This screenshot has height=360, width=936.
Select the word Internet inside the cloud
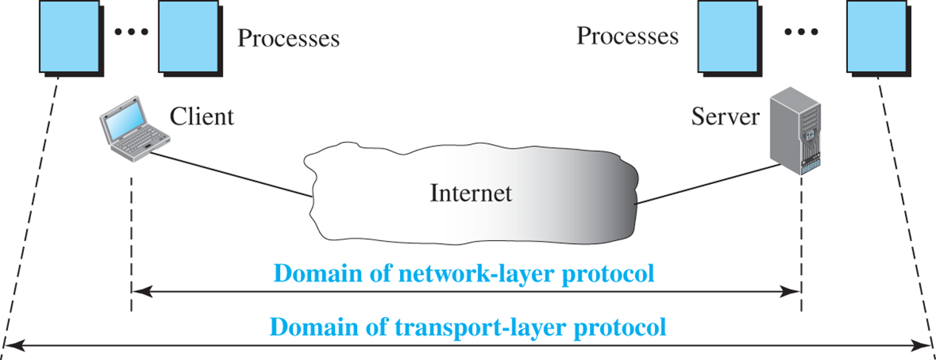tap(470, 193)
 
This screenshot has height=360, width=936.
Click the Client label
tap(201, 116)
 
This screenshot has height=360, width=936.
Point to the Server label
tap(725, 116)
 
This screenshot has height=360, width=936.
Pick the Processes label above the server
tap(627, 35)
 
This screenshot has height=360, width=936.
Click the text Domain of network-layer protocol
tap(464, 274)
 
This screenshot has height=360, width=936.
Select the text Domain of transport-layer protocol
tap(468, 326)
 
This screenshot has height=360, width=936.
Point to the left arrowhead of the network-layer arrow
tap(138, 292)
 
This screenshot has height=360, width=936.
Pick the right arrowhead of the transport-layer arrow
tap(929, 344)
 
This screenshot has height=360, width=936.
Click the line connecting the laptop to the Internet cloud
tap(229, 174)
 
